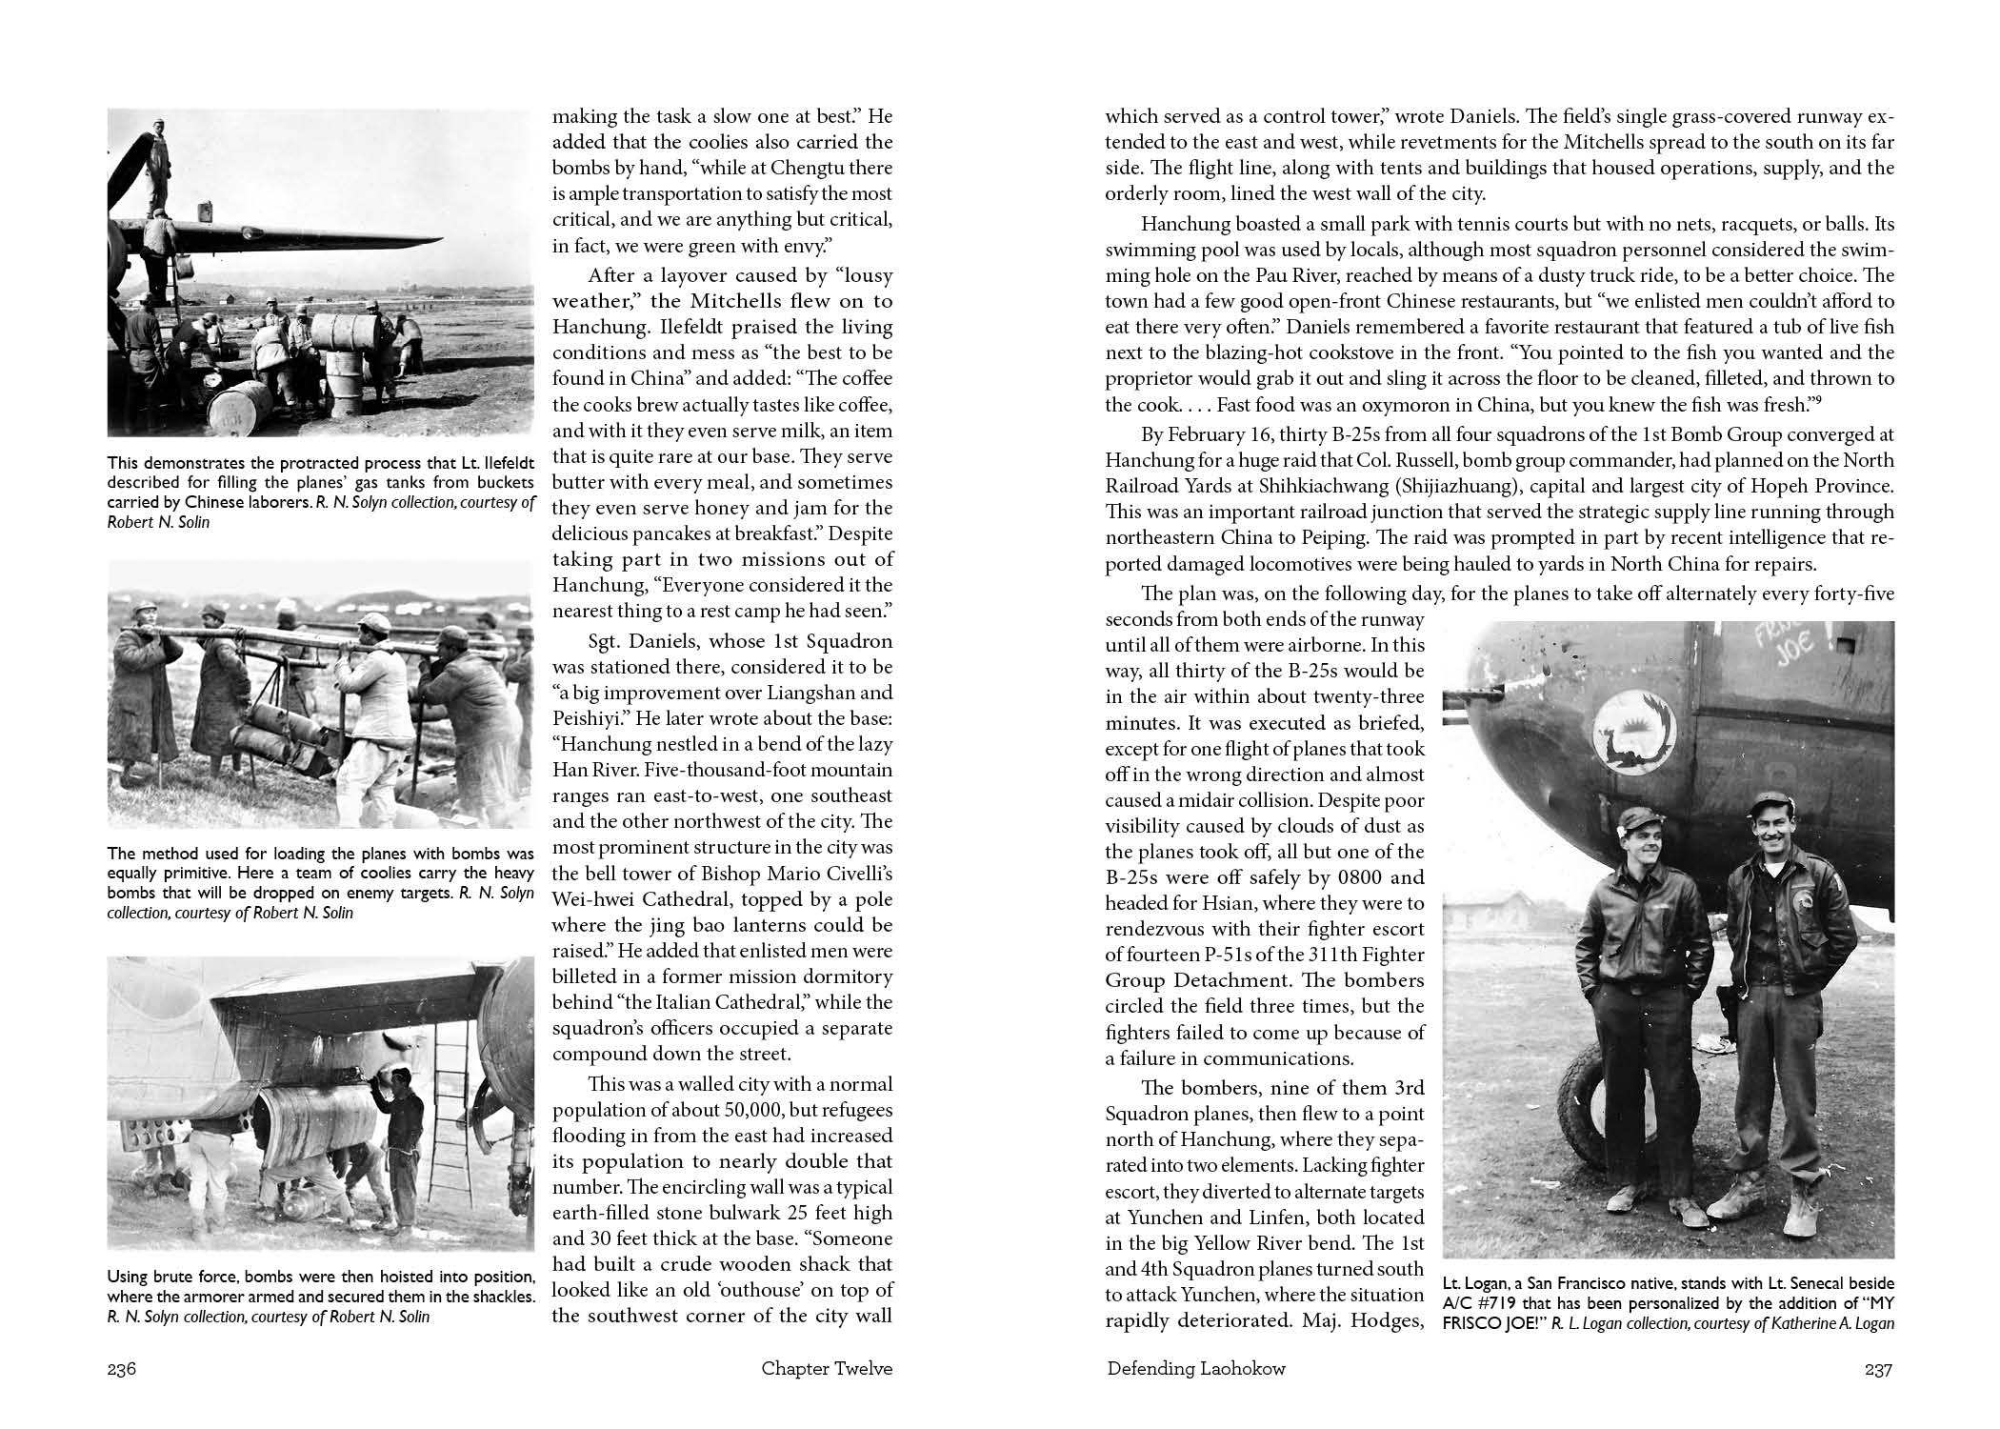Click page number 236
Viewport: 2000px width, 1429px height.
point(123,1370)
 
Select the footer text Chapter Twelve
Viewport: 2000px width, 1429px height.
point(827,1370)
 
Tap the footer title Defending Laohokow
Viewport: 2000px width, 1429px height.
point(1196,1370)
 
